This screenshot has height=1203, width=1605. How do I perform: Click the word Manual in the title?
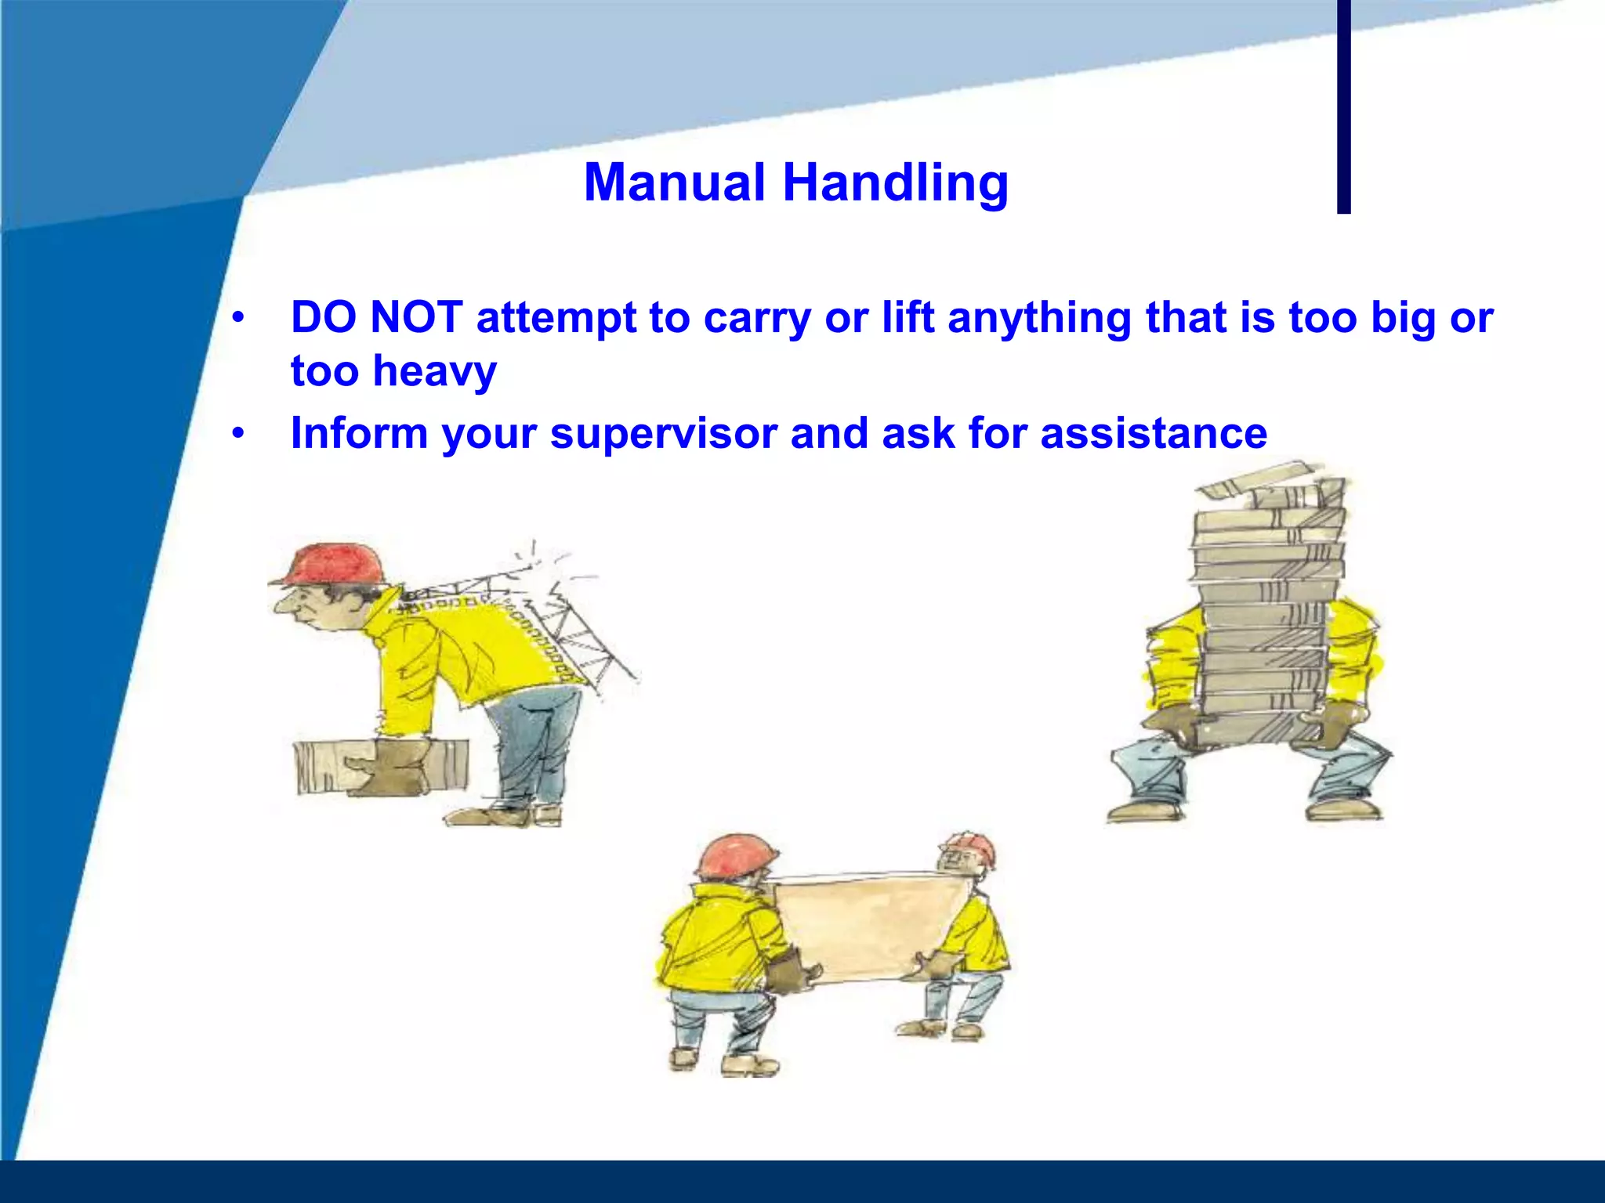click(x=674, y=182)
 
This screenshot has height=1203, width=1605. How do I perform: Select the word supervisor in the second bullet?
click(x=663, y=433)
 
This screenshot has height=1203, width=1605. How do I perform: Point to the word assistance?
click(x=1154, y=433)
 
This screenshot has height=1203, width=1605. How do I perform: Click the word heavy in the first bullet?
click(x=434, y=371)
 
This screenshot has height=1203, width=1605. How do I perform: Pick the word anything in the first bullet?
click(x=1038, y=319)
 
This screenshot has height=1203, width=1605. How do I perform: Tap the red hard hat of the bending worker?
click(x=335, y=562)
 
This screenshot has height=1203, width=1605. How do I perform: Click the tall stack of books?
click(x=1268, y=603)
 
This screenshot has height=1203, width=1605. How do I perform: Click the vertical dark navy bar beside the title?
click(x=1343, y=106)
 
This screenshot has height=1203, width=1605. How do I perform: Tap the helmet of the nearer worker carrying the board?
click(x=737, y=855)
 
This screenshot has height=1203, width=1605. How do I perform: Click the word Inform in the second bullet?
click(x=359, y=433)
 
